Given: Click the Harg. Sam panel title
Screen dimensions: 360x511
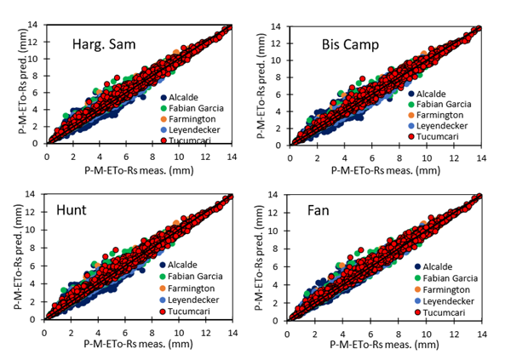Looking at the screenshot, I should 103,45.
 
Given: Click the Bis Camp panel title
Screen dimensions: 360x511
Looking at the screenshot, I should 350,43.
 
